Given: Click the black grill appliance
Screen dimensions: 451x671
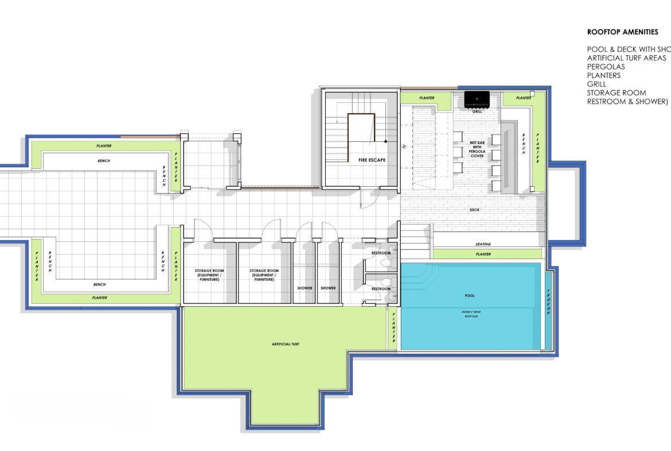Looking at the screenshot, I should (x=477, y=99).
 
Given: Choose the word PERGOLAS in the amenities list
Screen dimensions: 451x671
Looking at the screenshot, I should (x=606, y=67).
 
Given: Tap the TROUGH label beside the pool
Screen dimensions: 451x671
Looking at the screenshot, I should (x=548, y=302).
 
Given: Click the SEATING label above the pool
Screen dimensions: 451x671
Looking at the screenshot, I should (x=483, y=244).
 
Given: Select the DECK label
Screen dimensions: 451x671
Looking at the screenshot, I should (x=474, y=210).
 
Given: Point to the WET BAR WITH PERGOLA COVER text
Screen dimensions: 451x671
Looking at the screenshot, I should (x=477, y=149).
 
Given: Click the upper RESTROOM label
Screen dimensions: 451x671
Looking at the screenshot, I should (x=381, y=253).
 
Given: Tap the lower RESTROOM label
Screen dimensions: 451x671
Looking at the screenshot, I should (x=381, y=288).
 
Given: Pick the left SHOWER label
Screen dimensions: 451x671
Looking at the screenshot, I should (x=305, y=288).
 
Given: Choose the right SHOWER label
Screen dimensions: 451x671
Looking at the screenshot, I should (x=328, y=288).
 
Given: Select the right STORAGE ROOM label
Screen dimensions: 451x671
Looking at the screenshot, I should (x=264, y=275).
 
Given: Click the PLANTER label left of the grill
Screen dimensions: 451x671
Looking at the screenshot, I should (x=427, y=98).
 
